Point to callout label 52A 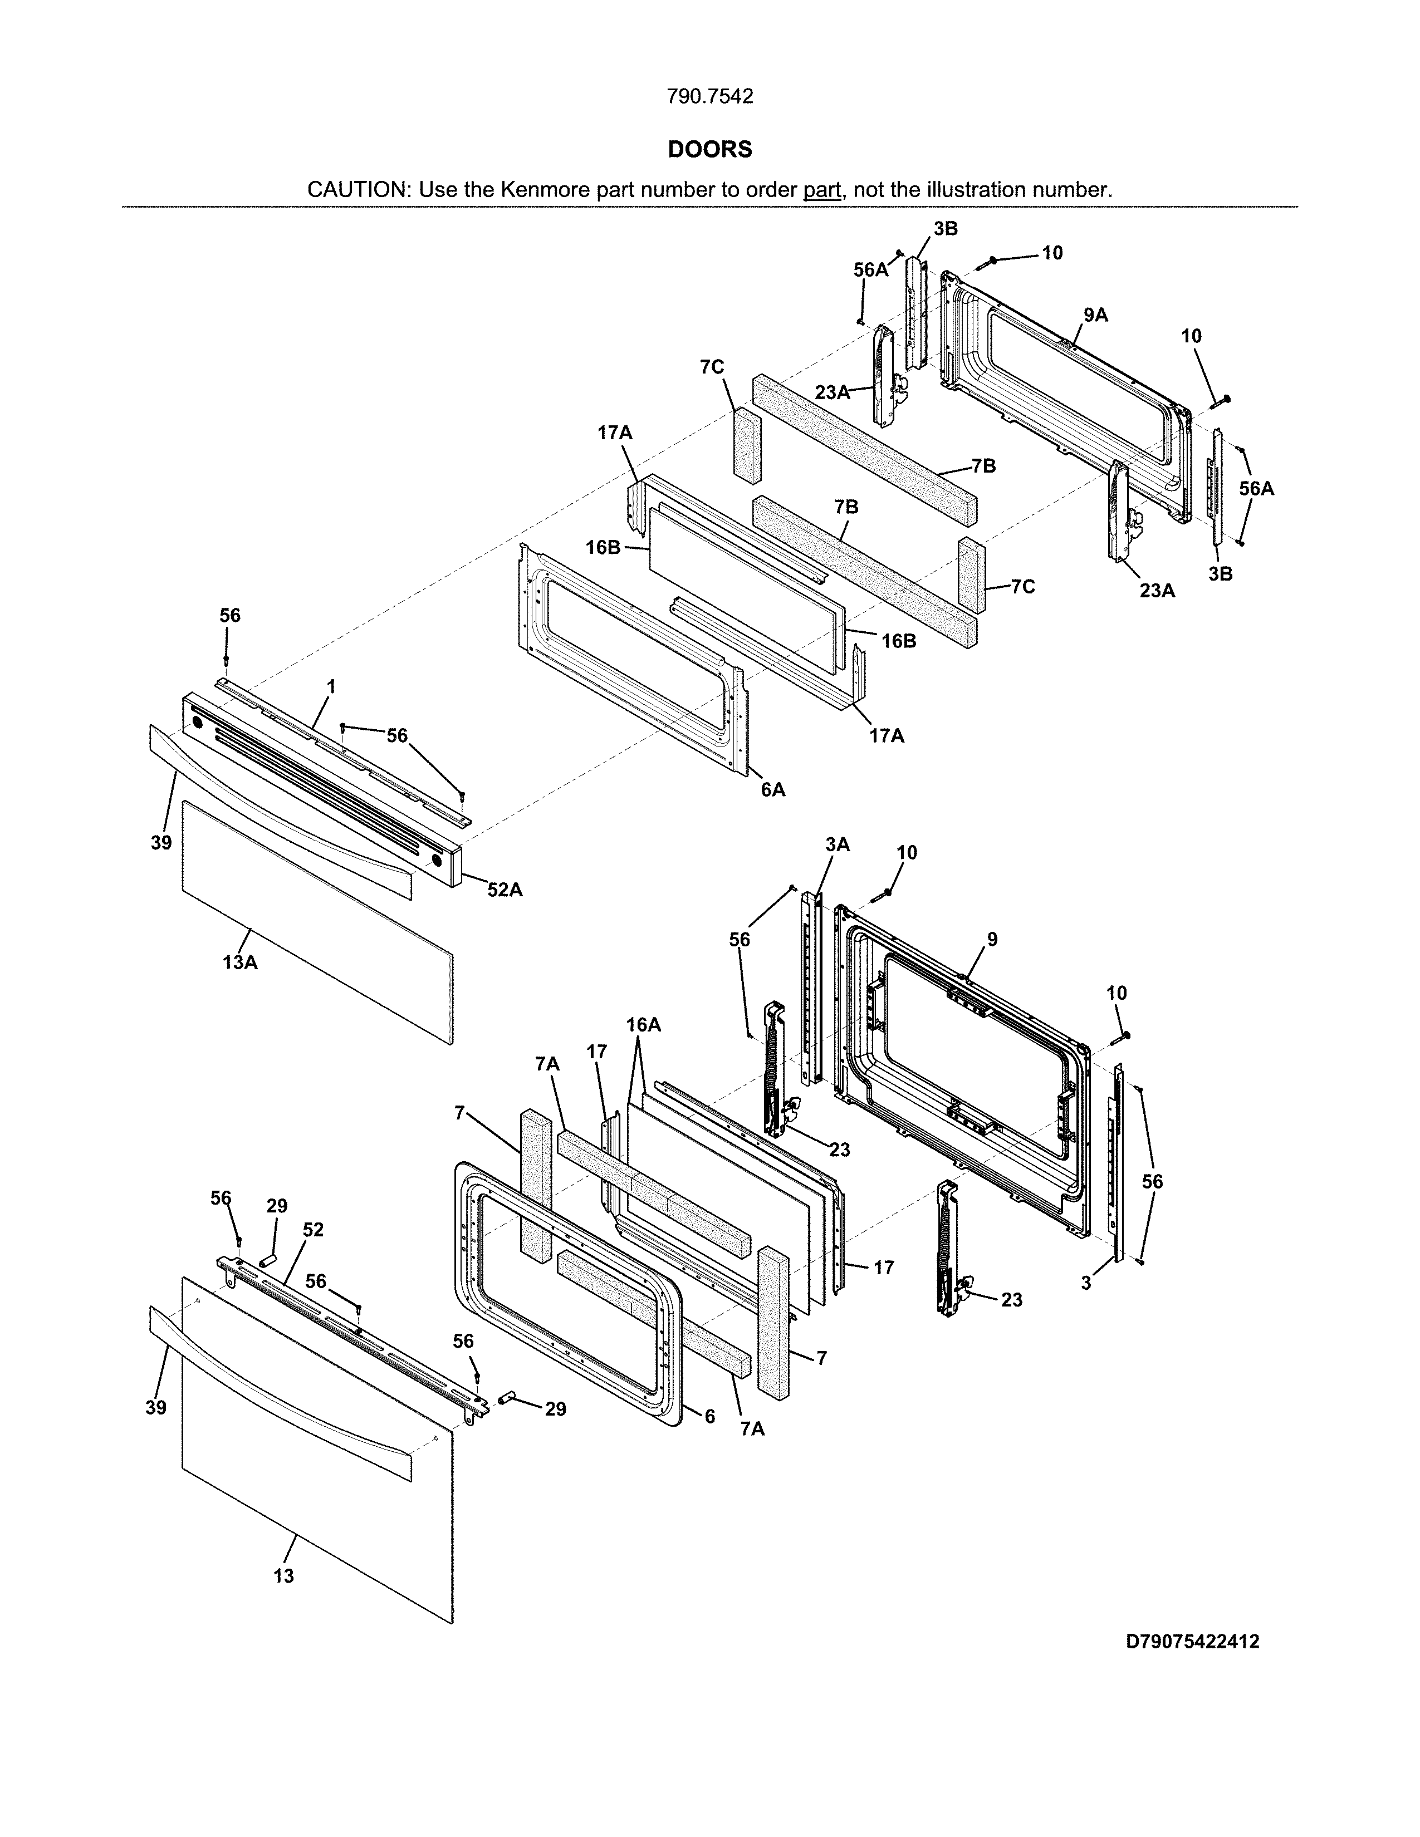[x=504, y=889]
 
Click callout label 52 [x=313, y=1230]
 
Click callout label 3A [x=837, y=844]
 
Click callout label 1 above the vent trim [x=331, y=686]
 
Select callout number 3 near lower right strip [x=1086, y=1284]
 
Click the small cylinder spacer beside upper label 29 [x=267, y=1260]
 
